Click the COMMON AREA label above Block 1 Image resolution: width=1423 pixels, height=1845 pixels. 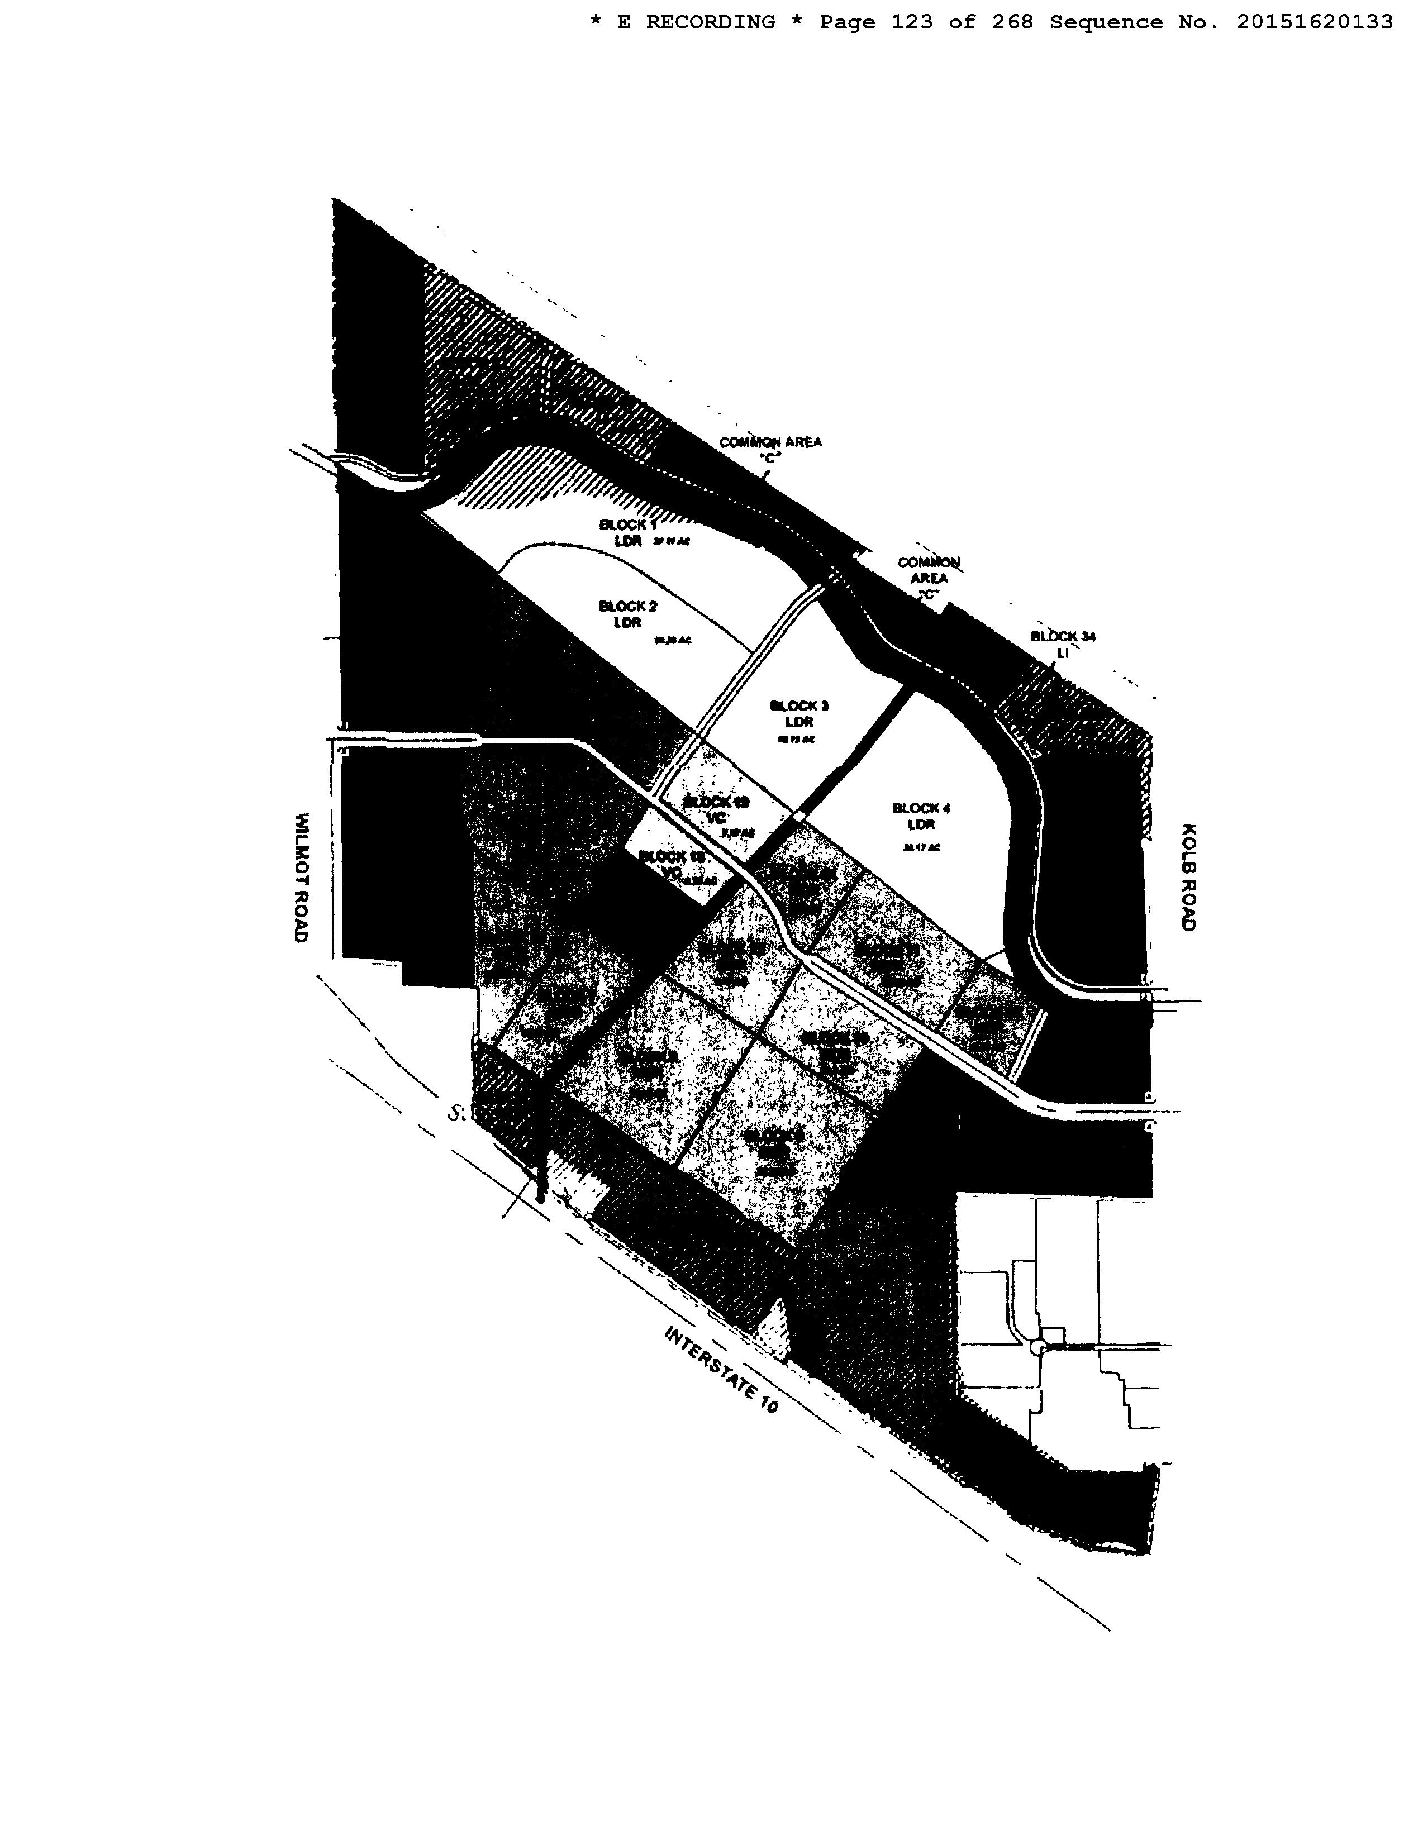pyautogui.click(x=770, y=449)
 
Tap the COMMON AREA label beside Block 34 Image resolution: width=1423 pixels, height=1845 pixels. pyautogui.click(x=928, y=578)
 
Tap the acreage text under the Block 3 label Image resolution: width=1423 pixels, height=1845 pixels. pyautogui.click(x=795, y=739)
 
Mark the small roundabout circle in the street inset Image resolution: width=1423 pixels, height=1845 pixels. pyautogui.click(x=1037, y=1347)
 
